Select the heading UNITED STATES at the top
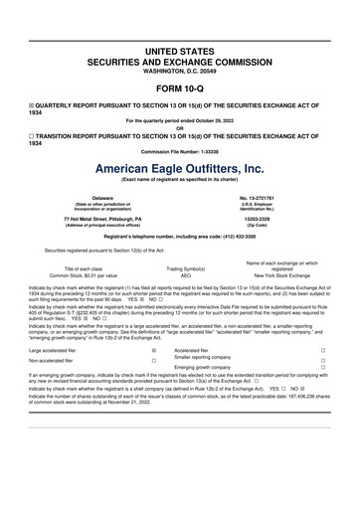179,49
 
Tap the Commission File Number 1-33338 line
179,150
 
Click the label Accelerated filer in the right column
195,350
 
